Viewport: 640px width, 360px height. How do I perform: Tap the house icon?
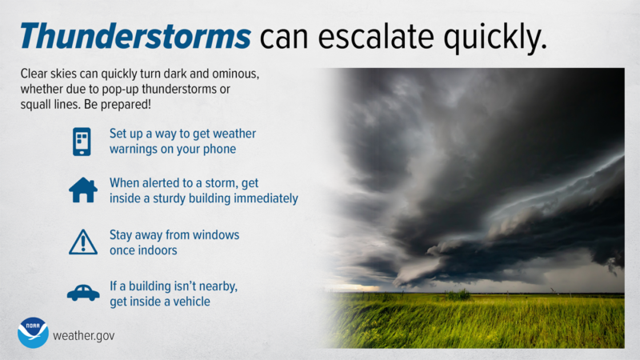tap(82, 190)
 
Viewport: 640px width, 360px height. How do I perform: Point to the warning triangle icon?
tap(82, 241)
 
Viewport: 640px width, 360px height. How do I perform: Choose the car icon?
tap(82, 294)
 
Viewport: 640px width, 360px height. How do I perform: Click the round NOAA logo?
tap(33, 333)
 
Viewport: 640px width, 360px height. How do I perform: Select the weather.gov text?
tap(83, 335)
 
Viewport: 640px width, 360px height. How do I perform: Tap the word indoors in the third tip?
tap(157, 250)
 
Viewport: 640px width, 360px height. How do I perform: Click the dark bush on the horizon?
tap(458, 295)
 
